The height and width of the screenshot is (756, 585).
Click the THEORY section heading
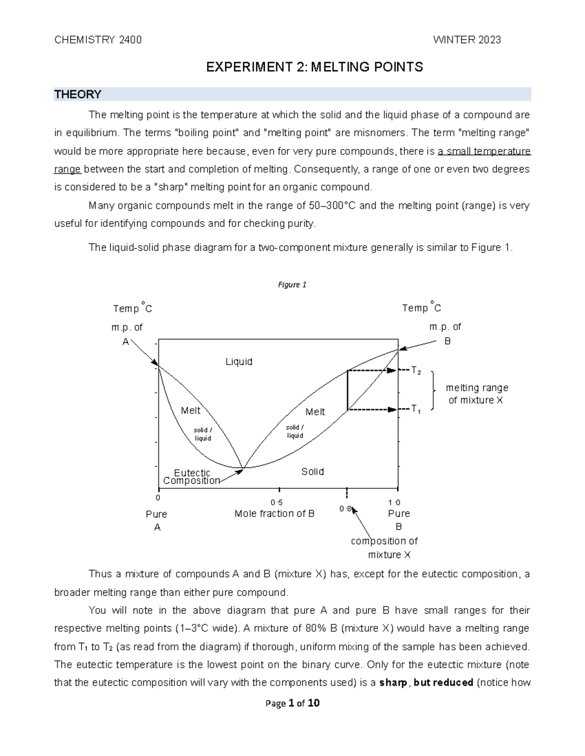[x=78, y=94]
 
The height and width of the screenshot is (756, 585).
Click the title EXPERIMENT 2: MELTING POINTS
[x=314, y=67]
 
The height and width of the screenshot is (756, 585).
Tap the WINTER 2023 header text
[x=467, y=40]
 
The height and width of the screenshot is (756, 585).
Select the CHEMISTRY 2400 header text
[x=98, y=40]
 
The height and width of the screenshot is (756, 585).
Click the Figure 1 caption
[x=292, y=285]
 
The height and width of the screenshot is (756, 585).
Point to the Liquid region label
[x=239, y=362]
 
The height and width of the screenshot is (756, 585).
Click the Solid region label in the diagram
[x=312, y=472]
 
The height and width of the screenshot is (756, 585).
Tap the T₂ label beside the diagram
[x=416, y=371]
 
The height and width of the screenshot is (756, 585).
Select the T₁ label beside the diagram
[x=416, y=409]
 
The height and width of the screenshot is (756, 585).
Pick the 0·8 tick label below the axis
[x=345, y=509]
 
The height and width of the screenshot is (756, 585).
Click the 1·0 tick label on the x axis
[x=394, y=503]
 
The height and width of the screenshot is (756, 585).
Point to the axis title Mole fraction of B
[x=274, y=514]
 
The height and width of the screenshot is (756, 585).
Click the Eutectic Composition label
[x=192, y=477]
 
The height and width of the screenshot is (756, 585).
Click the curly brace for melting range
[x=433, y=391]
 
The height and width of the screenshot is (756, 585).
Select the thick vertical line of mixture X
[x=347, y=390]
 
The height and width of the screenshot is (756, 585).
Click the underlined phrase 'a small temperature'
[x=484, y=151]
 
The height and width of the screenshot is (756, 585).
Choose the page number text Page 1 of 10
[x=292, y=703]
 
